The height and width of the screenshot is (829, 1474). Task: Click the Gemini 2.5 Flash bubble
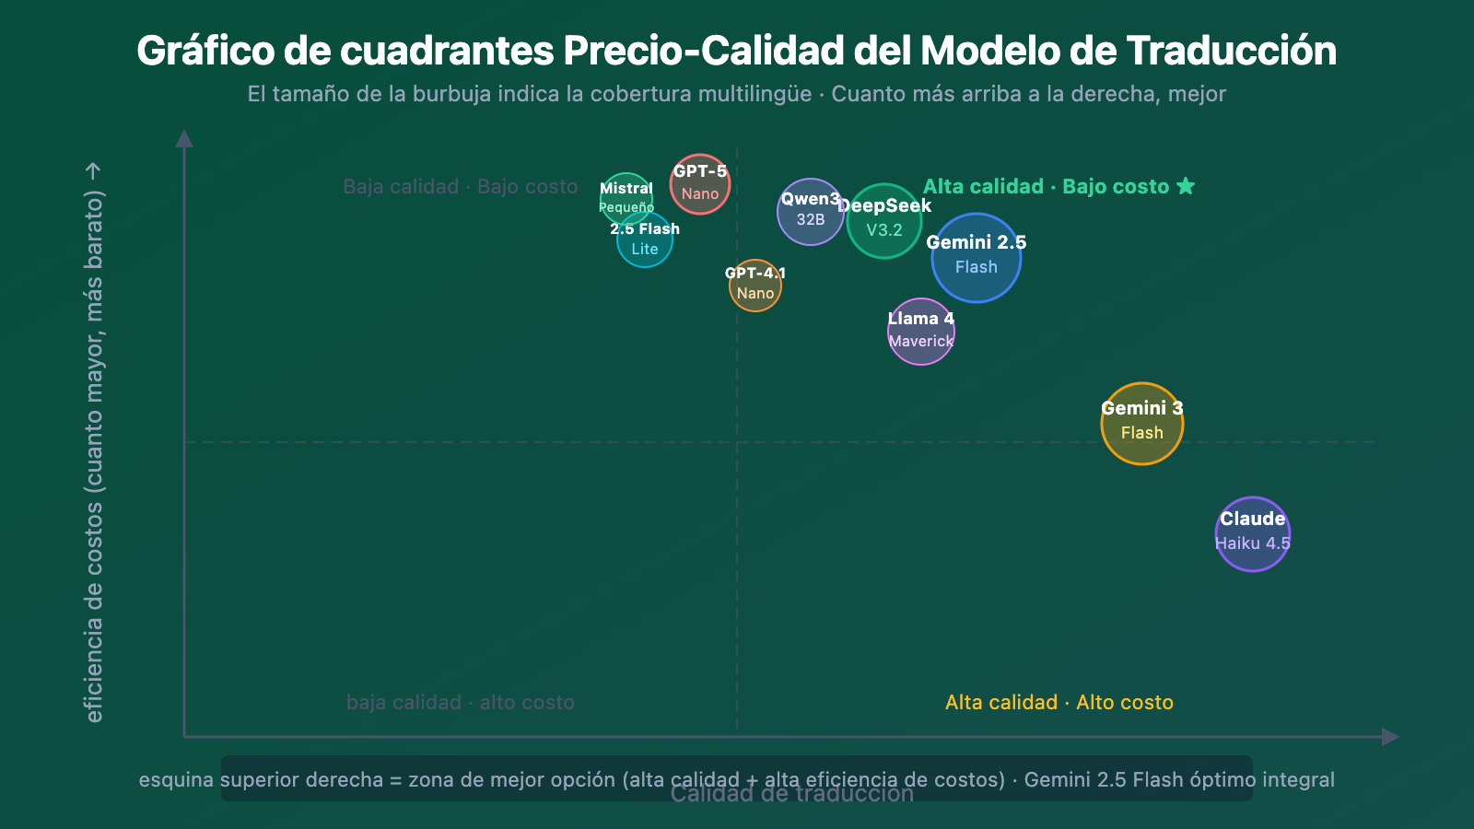click(977, 258)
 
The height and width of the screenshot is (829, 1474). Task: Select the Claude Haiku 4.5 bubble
click(1253, 534)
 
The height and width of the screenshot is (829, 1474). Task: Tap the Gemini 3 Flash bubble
click(1142, 424)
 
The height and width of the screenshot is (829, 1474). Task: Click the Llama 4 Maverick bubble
click(921, 332)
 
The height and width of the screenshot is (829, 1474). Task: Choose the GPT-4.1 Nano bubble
click(755, 286)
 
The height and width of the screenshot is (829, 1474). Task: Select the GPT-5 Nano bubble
click(700, 184)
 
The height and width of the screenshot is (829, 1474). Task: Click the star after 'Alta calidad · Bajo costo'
click(1186, 186)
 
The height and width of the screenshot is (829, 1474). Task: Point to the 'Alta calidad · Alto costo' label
click(1059, 703)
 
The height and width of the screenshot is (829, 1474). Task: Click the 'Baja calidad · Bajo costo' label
click(461, 187)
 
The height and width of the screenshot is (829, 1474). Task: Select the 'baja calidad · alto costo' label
click(461, 703)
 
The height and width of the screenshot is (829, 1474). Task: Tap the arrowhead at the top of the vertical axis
click(184, 138)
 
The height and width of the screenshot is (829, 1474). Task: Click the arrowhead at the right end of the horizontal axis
click(1391, 737)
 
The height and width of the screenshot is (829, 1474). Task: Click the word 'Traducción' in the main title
click(1232, 52)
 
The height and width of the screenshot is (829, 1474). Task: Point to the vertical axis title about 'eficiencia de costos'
click(94, 442)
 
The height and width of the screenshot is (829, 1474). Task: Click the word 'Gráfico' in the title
click(205, 52)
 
